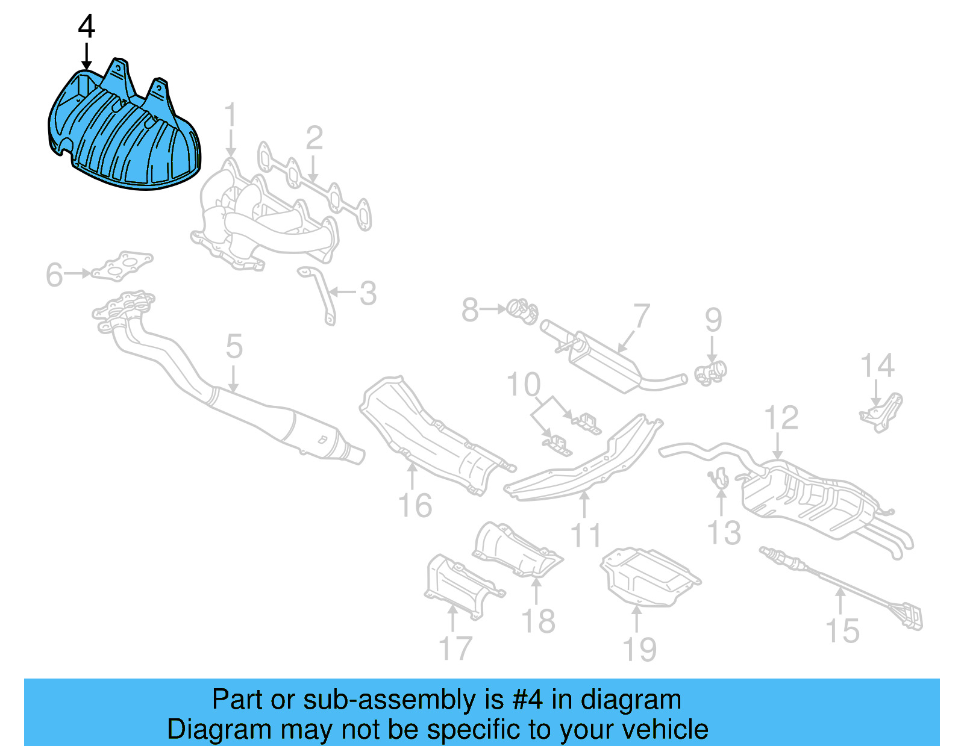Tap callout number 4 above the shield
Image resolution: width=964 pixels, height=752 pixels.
87,27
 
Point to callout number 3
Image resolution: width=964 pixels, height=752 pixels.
368,294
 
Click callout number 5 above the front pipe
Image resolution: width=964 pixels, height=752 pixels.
234,347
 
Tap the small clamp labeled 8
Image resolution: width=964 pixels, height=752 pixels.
522,311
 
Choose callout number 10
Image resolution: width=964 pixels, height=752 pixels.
524,385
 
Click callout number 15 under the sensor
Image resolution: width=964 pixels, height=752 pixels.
842,631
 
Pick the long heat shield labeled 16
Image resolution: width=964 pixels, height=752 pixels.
434,433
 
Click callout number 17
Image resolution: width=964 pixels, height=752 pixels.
455,648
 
